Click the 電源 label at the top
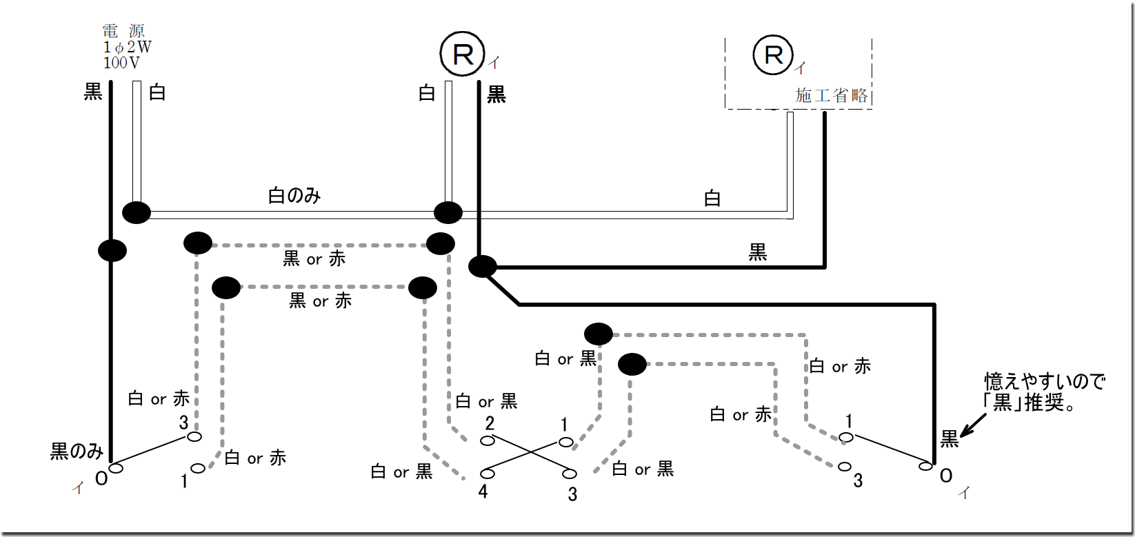pos(123,31)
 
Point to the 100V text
pos(121,63)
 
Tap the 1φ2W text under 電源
pos(128,47)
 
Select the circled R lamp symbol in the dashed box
pos(774,55)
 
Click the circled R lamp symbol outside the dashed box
pos(463,54)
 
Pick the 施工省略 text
pos(831,95)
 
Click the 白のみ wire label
pos(294,196)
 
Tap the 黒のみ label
pos(77,452)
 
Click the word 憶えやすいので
pos(1044,381)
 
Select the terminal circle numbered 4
pos(488,474)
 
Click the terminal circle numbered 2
pos(488,441)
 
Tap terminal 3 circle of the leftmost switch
pos(195,436)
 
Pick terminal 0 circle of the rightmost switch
pos(925,467)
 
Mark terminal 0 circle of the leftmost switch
pos(116,469)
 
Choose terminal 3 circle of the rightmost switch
pos(845,467)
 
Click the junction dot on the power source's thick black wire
pos(112,250)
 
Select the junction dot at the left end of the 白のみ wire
pos(137,212)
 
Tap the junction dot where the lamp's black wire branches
pos(482,266)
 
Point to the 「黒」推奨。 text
pos(1031,403)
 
